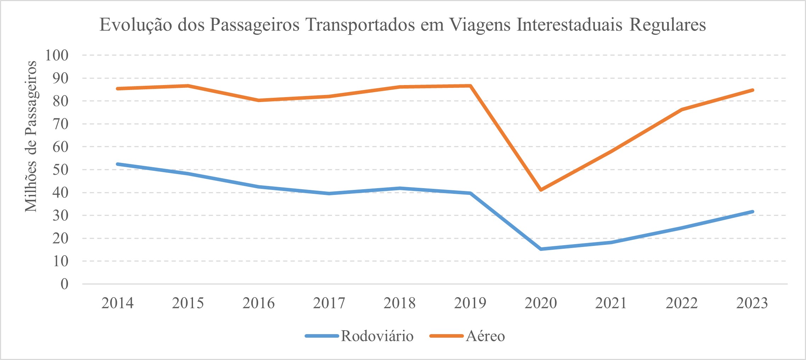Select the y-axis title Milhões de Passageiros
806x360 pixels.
point(31,136)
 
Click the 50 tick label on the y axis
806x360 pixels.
point(60,170)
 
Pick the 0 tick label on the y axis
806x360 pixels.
point(64,284)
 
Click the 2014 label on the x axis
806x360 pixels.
point(117,303)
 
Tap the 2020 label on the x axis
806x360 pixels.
point(540,303)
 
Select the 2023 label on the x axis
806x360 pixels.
point(752,303)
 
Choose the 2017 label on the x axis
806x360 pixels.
point(329,303)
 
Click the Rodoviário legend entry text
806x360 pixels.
point(377,336)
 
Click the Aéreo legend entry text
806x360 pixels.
point(485,336)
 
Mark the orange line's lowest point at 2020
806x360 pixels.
point(541,190)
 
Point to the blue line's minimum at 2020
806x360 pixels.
point(541,249)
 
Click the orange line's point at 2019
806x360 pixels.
point(470,86)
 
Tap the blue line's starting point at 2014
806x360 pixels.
point(118,164)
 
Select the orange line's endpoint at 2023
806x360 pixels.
point(752,90)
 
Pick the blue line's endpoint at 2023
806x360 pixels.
point(752,212)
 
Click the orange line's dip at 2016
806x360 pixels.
point(259,100)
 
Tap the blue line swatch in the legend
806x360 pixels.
point(322,336)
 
